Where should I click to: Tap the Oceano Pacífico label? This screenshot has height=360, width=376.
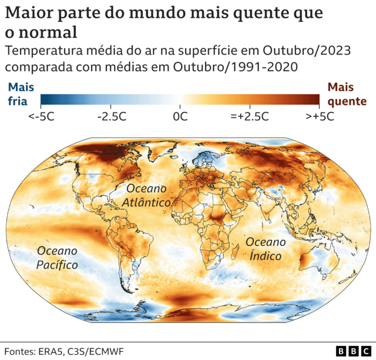tap(57, 258)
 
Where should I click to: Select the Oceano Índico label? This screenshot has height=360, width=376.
tap(266, 249)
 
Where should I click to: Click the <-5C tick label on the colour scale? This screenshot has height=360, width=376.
tap(41, 116)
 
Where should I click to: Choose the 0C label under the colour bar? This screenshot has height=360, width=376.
tap(180, 116)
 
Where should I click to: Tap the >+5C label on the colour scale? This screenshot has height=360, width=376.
tap(320, 116)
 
